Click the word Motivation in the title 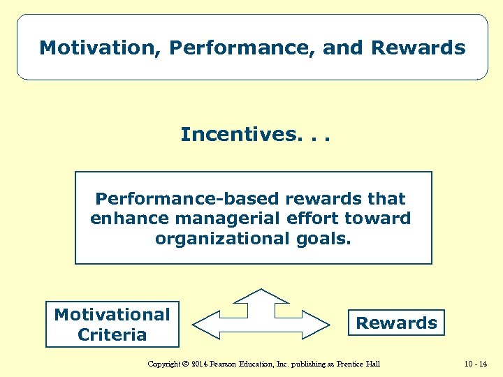(x=101, y=48)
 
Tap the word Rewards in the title (x=418, y=48)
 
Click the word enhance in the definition (x=130, y=219)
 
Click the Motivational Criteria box (x=112, y=325)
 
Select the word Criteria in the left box (x=112, y=334)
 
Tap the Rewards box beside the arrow (x=396, y=323)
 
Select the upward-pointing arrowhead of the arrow (x=261, y=295)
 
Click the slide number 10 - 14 (x=475, y=364)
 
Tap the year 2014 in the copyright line (x=201, y=364)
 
